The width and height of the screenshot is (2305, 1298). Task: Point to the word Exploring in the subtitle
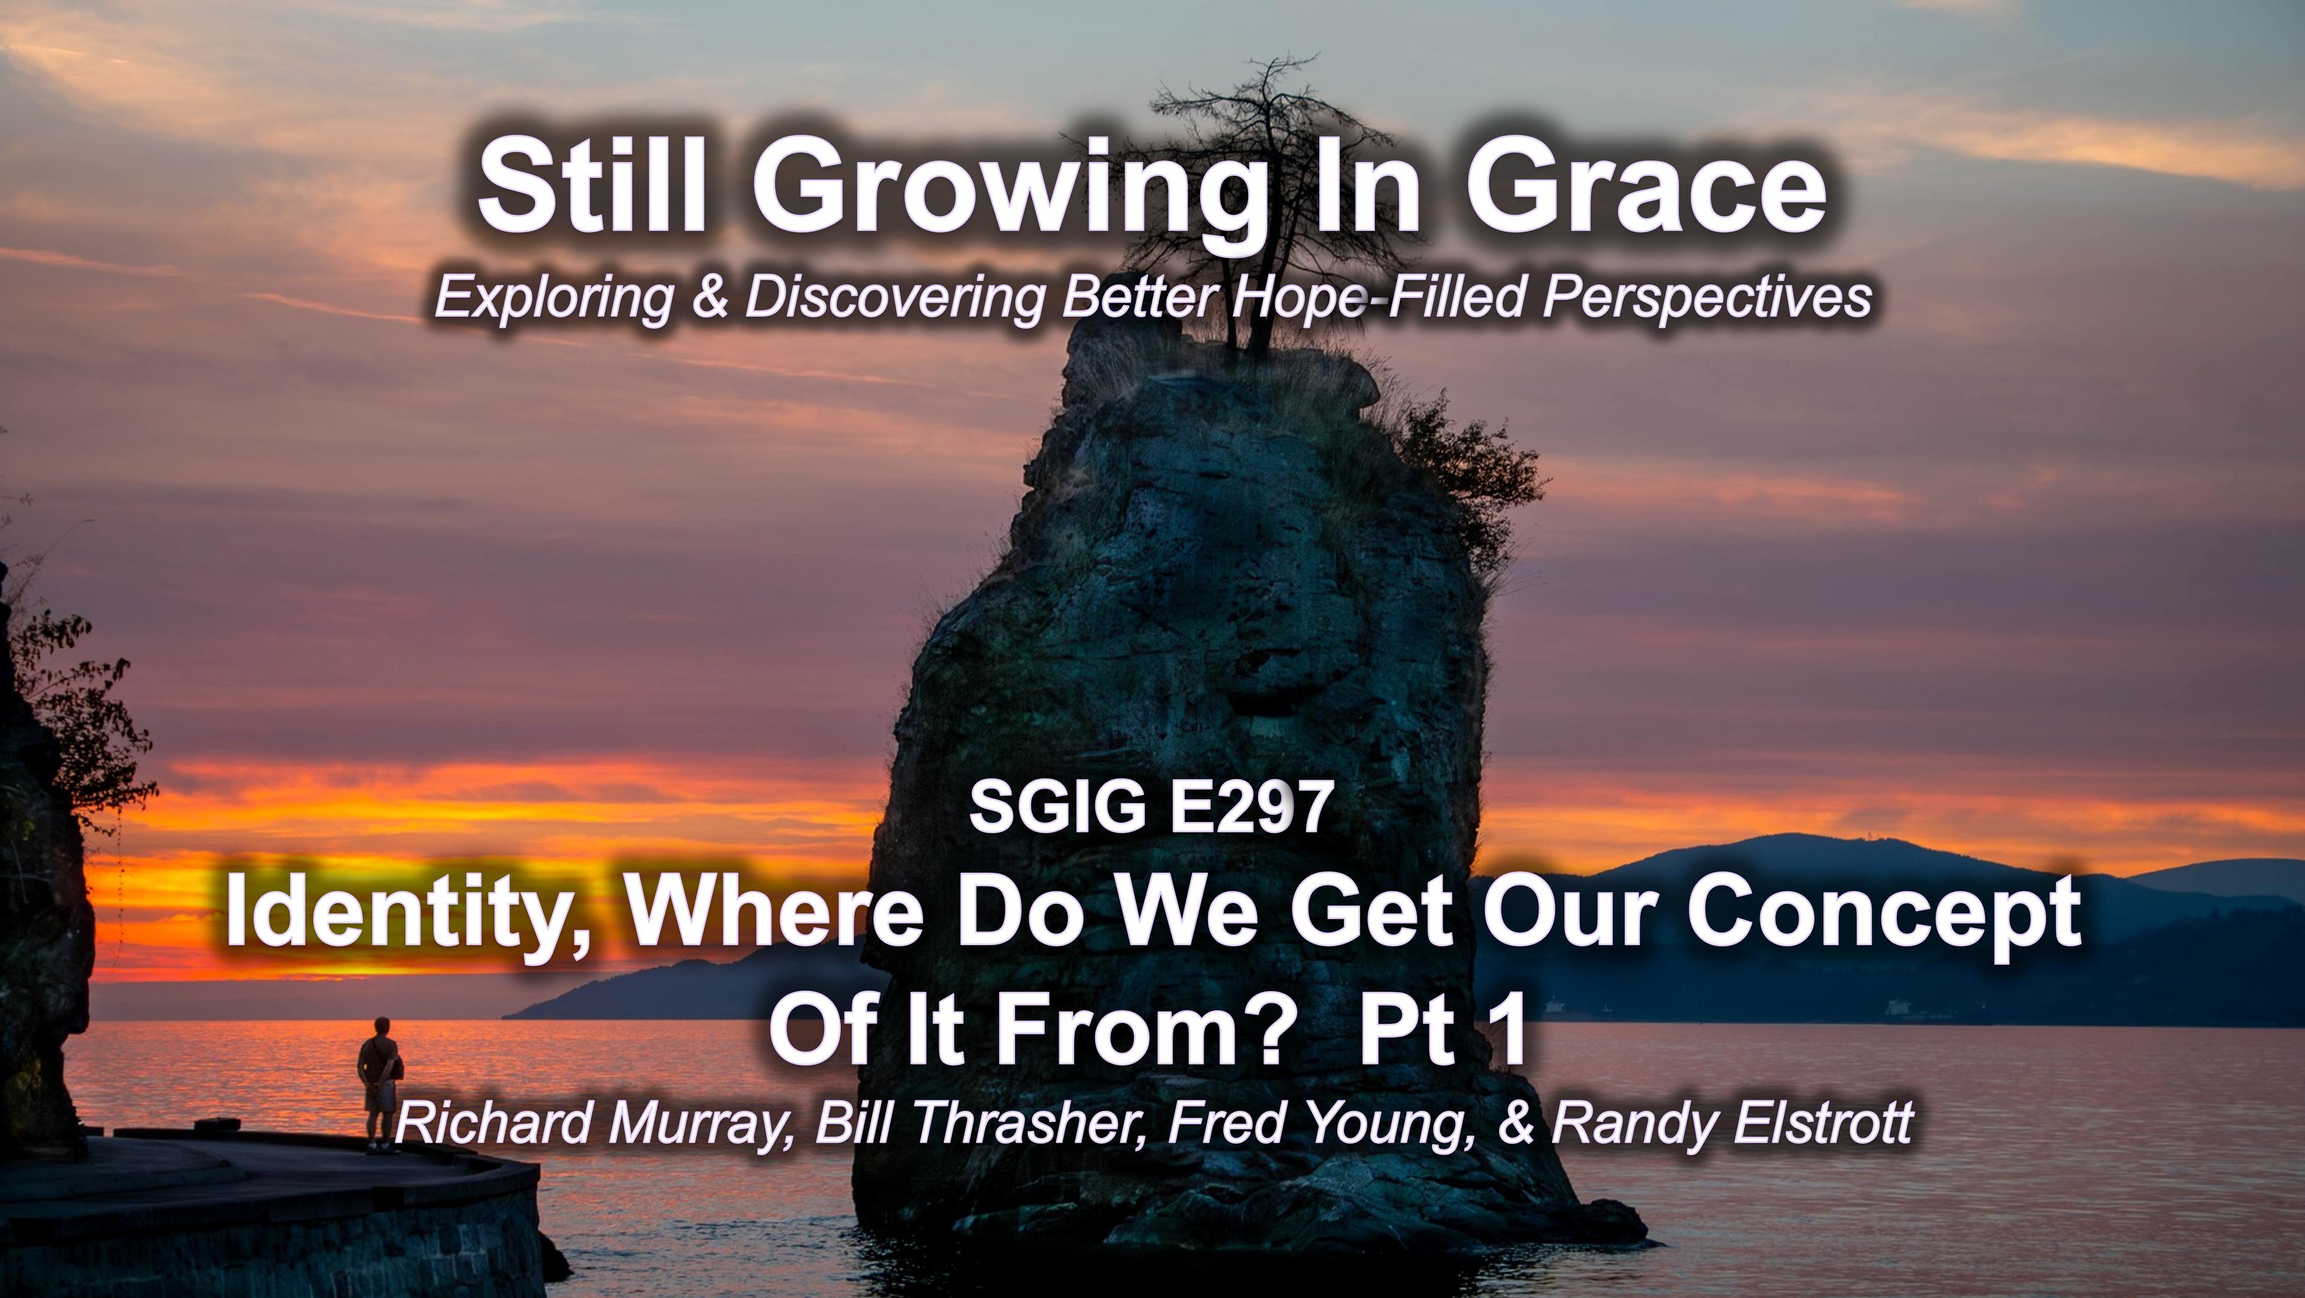[552, 299]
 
